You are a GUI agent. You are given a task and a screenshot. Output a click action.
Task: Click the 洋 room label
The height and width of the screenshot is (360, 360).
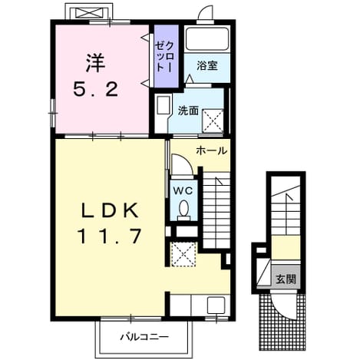pos(95,64)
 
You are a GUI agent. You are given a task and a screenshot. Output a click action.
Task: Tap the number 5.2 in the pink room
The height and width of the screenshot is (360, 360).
pos(96,89)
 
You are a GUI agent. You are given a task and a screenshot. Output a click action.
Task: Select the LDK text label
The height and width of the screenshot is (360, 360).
pos(110,211)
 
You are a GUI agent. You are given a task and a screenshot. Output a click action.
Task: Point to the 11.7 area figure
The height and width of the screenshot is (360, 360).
pos(110,236)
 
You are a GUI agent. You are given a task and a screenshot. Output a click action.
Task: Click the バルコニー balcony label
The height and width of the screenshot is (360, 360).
pos(145,336)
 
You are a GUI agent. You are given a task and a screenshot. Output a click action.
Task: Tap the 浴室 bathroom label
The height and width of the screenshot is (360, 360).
pos(207,66)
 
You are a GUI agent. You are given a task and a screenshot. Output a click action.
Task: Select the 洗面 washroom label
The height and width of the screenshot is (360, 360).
pos(188,111)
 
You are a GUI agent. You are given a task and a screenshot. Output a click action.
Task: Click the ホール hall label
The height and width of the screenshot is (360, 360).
pos(212,151)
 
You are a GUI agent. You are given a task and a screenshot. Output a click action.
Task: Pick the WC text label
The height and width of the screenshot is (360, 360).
pos(183,190)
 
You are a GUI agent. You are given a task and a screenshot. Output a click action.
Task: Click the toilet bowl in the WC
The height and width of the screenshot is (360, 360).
pos(183,209)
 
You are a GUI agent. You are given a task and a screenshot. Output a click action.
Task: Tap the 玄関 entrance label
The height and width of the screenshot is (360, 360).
pos(286,279)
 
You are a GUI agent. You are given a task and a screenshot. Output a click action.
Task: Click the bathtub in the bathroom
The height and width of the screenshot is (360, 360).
pos(207,39)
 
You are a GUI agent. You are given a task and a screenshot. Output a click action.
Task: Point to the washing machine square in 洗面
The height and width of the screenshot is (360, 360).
pos(213,121)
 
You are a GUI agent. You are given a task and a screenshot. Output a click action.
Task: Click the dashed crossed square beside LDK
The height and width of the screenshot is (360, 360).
pos(183,254)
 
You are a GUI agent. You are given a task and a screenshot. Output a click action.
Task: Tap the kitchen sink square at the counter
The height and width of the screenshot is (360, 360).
pos(216,305)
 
